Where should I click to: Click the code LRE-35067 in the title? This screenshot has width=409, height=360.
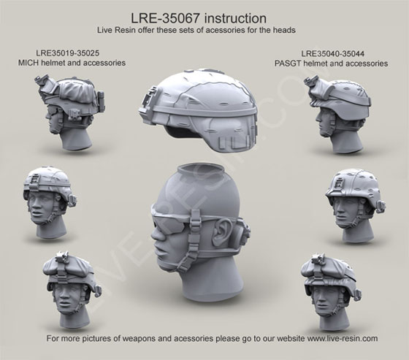pyautogui.click(x=166, y=18)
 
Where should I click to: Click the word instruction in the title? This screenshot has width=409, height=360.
pyautogui.click(x=235, y=18)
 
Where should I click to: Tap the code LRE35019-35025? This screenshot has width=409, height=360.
pyautogui.click(x=67, y=53)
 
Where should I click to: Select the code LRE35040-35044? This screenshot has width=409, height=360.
pyautogui.click(x=333, y=54)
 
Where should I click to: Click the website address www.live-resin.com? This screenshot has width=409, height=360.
pyautogui.click(x=343, y=339)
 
